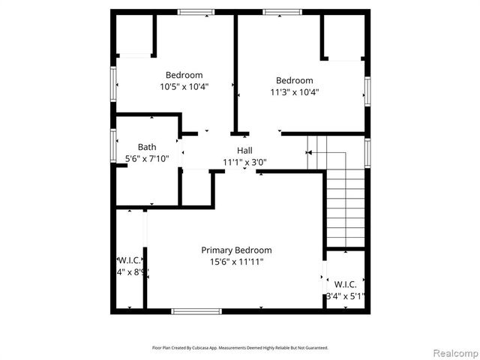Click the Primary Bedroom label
[236, 250]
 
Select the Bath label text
[147, 147]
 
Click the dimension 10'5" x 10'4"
[184, 86]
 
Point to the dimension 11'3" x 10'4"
[294, 92]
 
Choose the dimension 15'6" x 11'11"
[236, 262]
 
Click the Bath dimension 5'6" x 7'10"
[147, 158]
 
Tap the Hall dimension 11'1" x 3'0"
[244, 162]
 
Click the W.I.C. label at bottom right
[345, 284]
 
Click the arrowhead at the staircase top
[308, 152]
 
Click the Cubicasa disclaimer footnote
[240, 348]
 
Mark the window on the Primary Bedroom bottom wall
[196, 310]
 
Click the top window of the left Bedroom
[196, 12]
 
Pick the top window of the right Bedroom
[281, 12]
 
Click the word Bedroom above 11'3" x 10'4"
[294, 81]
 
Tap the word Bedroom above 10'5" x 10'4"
[184, 75]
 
